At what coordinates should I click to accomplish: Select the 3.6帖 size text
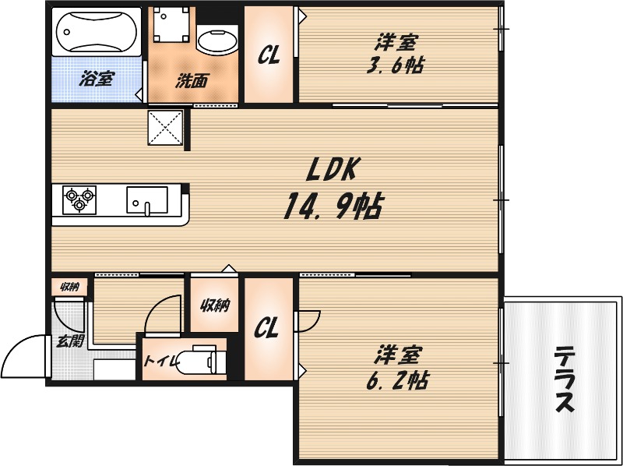coord(394,65)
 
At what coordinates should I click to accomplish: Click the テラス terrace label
coord(563,380)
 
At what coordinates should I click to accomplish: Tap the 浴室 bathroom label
coord(96,79)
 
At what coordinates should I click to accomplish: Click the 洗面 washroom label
coord(190,80)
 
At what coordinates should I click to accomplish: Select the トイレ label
coord(159,360)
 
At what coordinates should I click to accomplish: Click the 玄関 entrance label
coord(68,341)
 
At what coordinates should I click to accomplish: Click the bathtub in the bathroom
coord(97,32)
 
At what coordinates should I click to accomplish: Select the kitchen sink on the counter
coord(146,199)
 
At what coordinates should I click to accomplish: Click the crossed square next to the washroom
coord(165,127)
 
